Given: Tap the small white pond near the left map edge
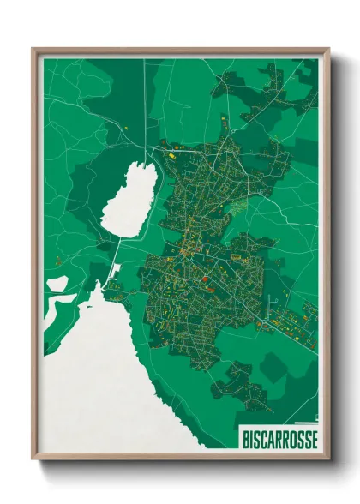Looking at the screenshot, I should pyautogui.click(x=56, y=282).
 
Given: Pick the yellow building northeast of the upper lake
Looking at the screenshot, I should pyautogui.click(x=171, y=156).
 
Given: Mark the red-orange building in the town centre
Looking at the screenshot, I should pyautogui.click(x=206, y=278).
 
